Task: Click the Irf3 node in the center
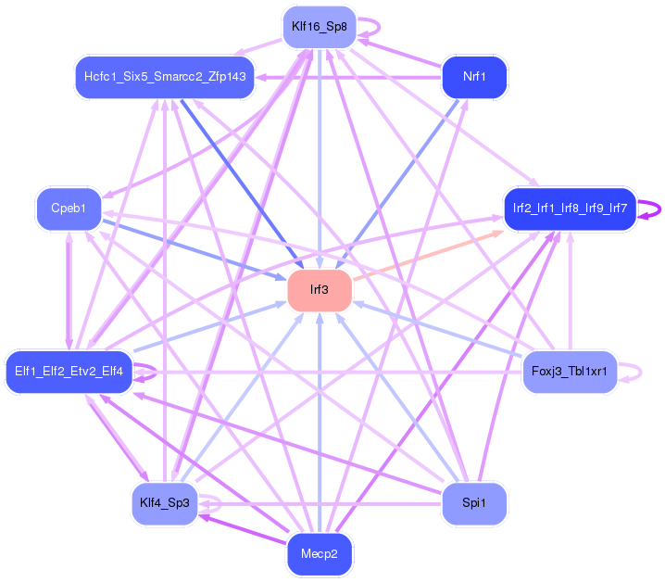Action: [x=320, y=290]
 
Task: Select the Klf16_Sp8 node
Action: [x=320, y=27]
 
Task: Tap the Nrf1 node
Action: [x=474, y=77]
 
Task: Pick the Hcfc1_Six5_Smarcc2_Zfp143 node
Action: [x=165, y=77]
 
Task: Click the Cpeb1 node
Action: [x=69, y=209]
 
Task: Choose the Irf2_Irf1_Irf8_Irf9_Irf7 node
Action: [x=570, y=209]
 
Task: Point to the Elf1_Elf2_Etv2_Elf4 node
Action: [x=69, y=372]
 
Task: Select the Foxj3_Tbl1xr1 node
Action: [x=570, y=372]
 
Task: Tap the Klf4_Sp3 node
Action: [x=165, y=503]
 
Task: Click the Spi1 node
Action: [x=474, y=503]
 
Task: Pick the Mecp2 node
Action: [x=320, y=554]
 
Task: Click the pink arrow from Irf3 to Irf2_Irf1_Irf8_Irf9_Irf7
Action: [x=428, y=256]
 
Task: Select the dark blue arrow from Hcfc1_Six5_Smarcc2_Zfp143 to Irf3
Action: [x=242, y=183]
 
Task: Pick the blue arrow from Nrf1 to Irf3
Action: [x=397, y=183]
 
